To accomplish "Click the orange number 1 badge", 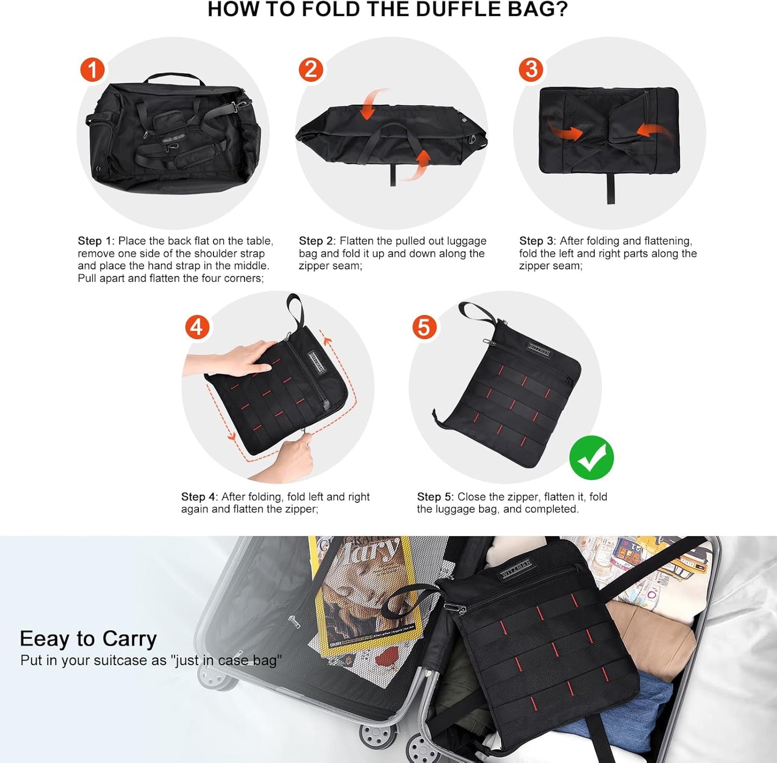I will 92,70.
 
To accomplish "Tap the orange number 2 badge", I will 311,70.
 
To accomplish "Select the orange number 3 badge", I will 531,70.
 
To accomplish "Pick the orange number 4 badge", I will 197,327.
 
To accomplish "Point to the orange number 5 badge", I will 424,327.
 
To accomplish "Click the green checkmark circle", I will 591,458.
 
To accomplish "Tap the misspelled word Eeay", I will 45,639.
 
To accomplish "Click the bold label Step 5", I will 434,497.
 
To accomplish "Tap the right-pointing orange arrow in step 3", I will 565,130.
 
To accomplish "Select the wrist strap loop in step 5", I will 475,313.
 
